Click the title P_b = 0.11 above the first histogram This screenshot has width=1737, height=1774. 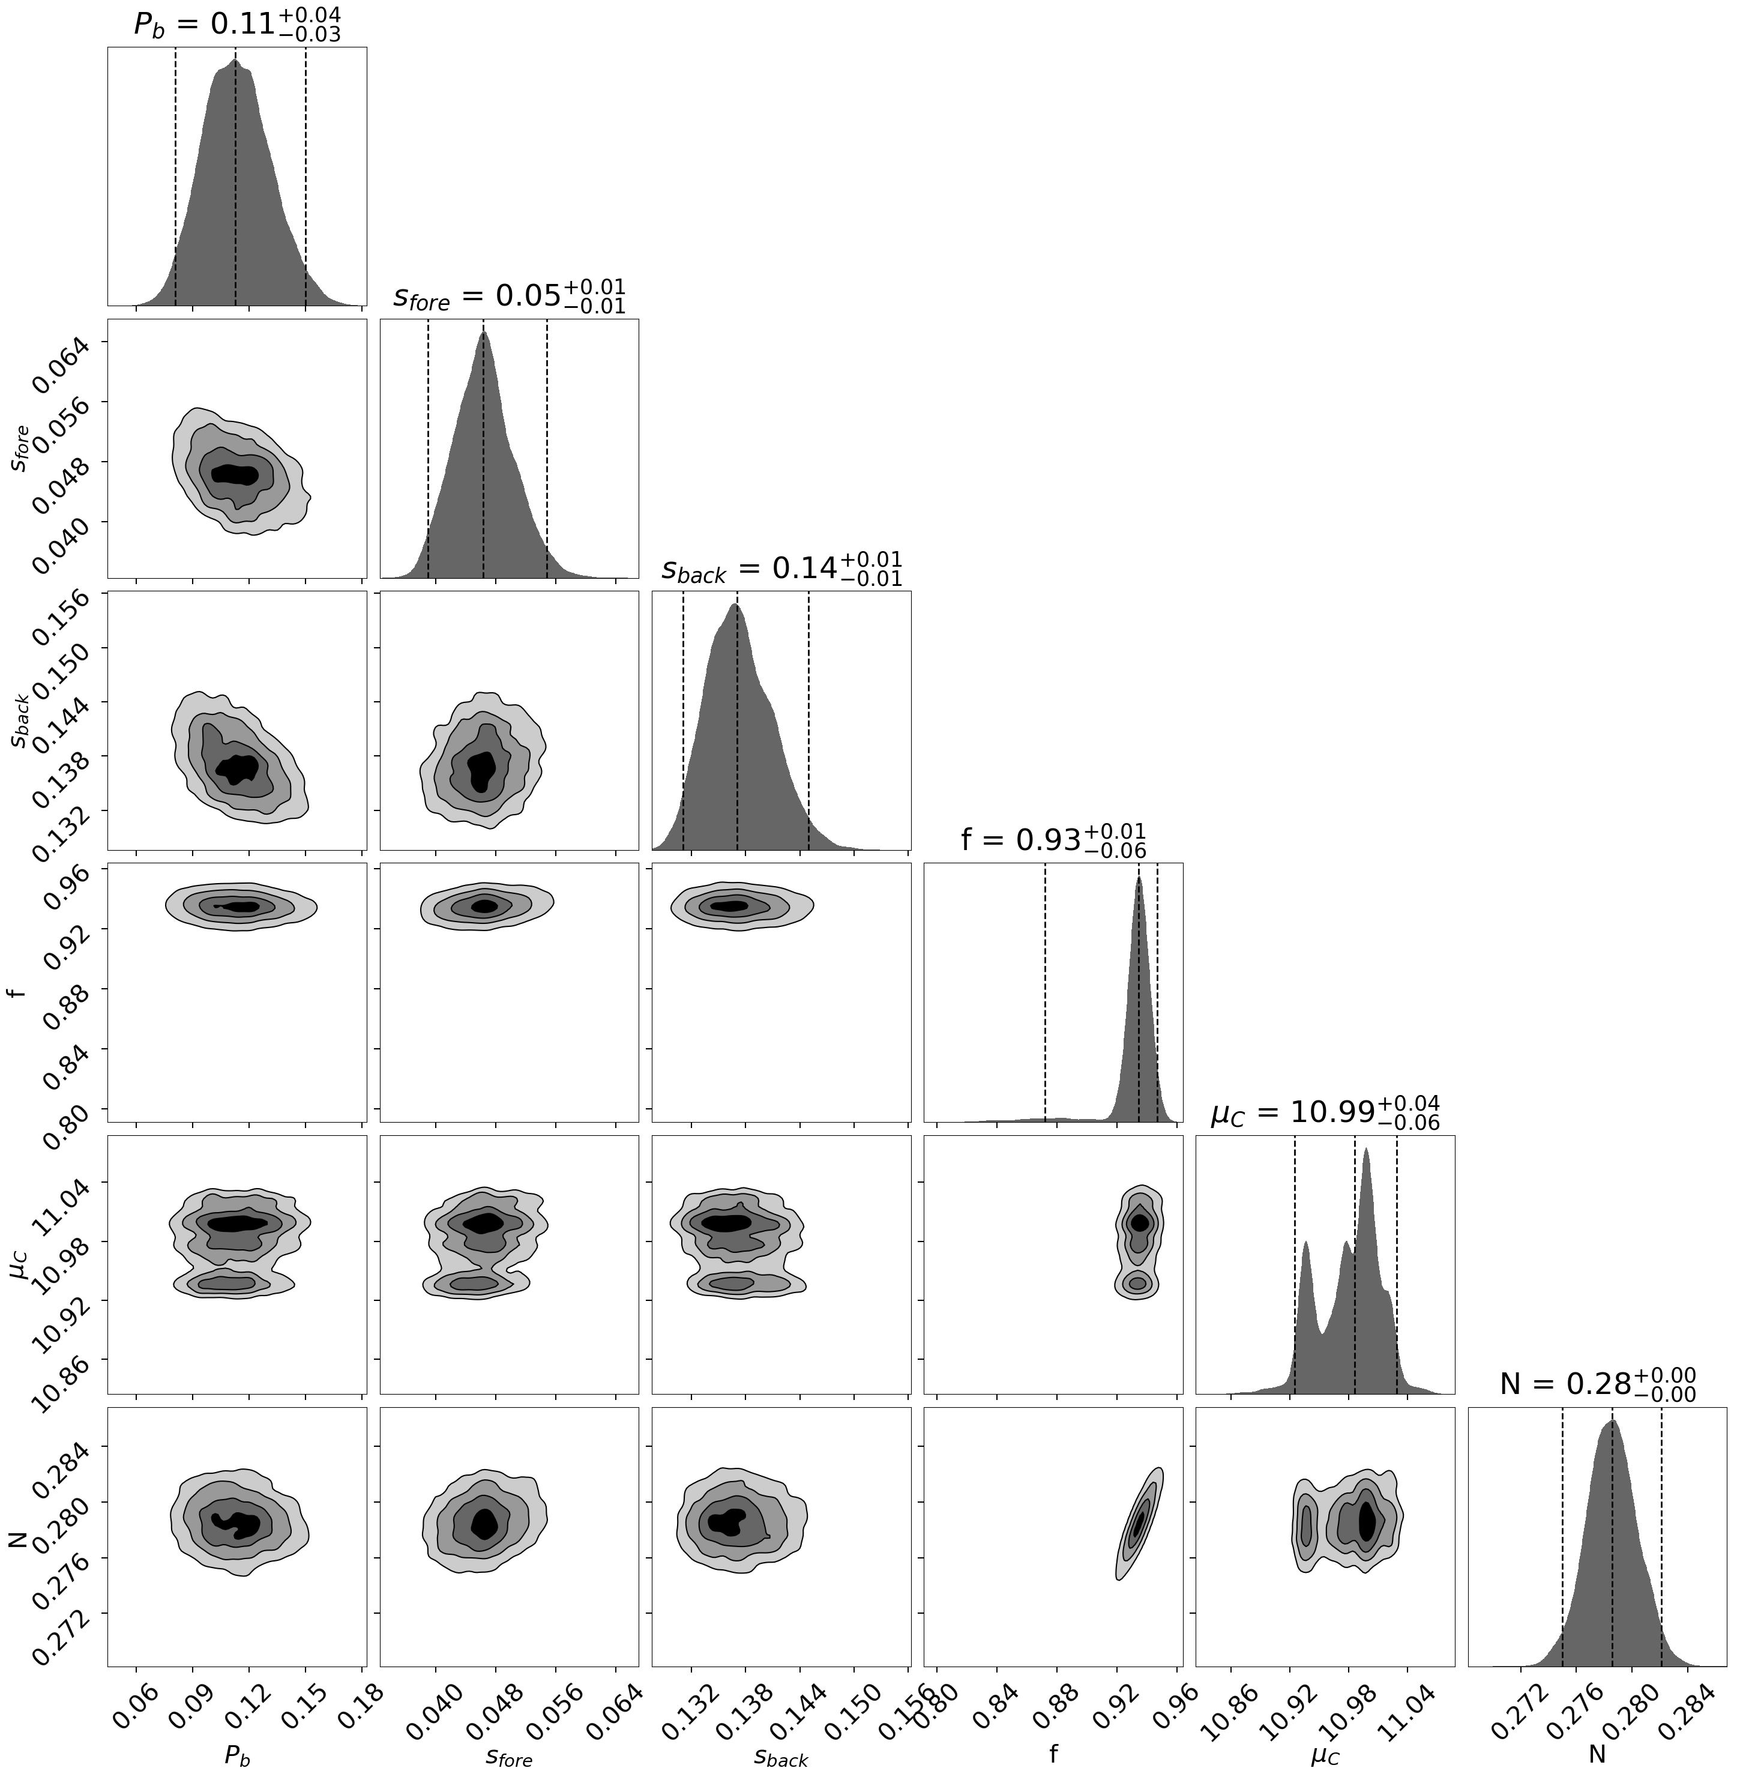tap(236, 25)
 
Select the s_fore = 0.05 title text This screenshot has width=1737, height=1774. tap(508, 297)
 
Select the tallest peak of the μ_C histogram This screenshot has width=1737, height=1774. tap(1365, 1151)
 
